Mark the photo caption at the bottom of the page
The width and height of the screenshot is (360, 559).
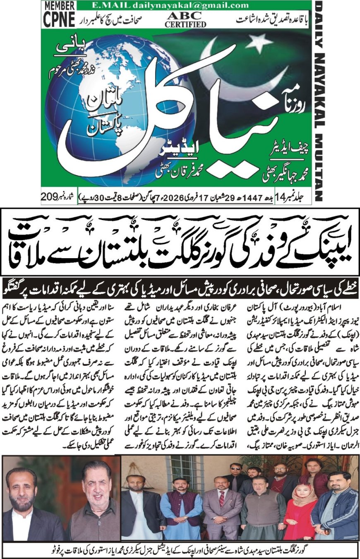[x=180, y=549]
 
